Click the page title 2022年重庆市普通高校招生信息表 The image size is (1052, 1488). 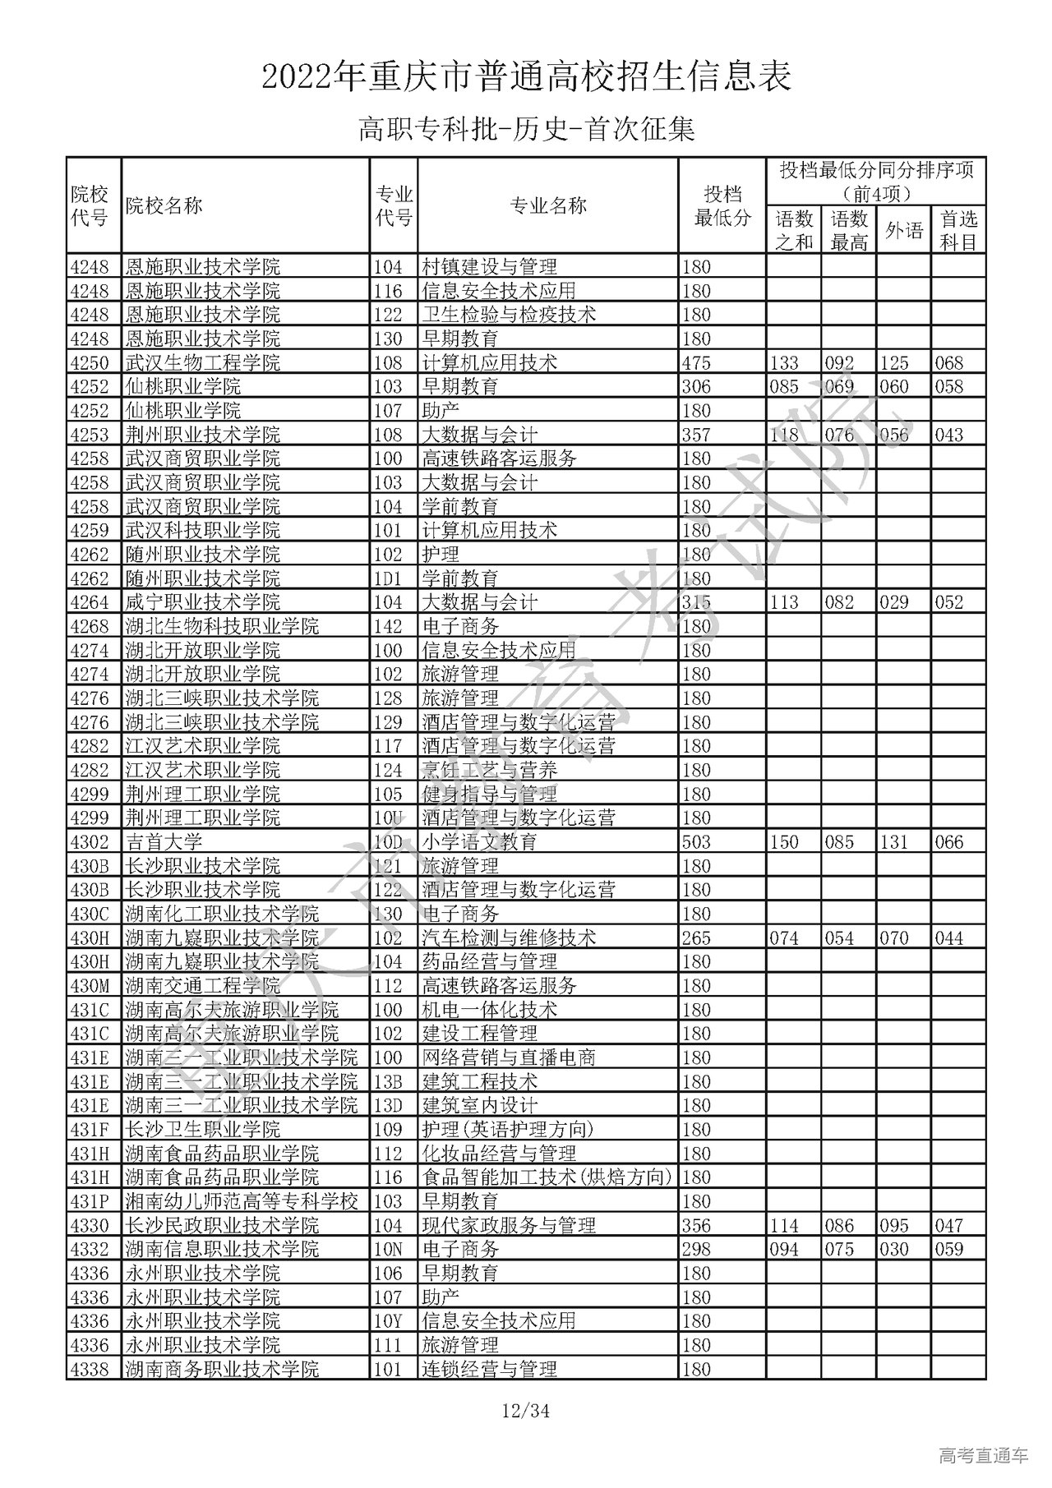click(526, 77)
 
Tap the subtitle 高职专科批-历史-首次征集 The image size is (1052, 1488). click(526, 130)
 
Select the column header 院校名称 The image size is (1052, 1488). click(164, 205)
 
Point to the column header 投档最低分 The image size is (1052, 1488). click(722, 205)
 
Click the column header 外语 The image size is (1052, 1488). click(903, 231)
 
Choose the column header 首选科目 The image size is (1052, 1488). click(958, 231)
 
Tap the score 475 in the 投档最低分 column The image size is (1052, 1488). click(696, 362)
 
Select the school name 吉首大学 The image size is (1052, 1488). click(164, 841)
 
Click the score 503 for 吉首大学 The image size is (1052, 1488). click(696, 841)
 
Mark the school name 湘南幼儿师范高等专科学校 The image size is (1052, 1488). click(242, 1201)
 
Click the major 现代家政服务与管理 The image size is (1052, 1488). click(509, 1225)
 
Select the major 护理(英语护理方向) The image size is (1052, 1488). click(508, 1129)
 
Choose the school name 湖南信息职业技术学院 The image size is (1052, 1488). click(222, 1249)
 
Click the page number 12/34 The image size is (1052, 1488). click(526, 1412)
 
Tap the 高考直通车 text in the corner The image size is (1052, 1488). click(983, 1455)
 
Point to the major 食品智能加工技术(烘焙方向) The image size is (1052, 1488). click(547, 1177)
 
